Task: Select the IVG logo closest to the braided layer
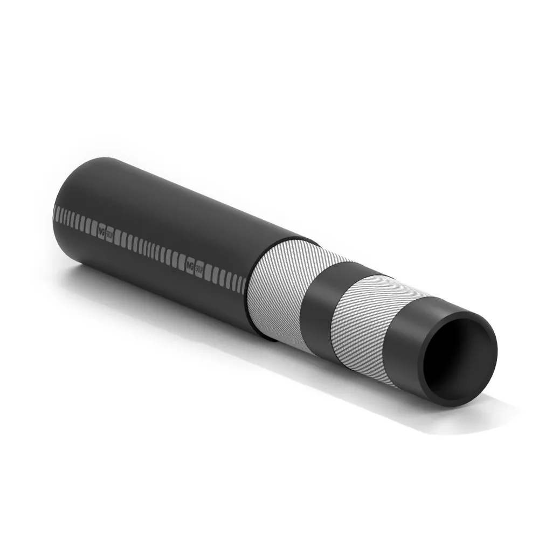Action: click(x=189, y=264)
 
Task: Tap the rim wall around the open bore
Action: click(x=488, y=350)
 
